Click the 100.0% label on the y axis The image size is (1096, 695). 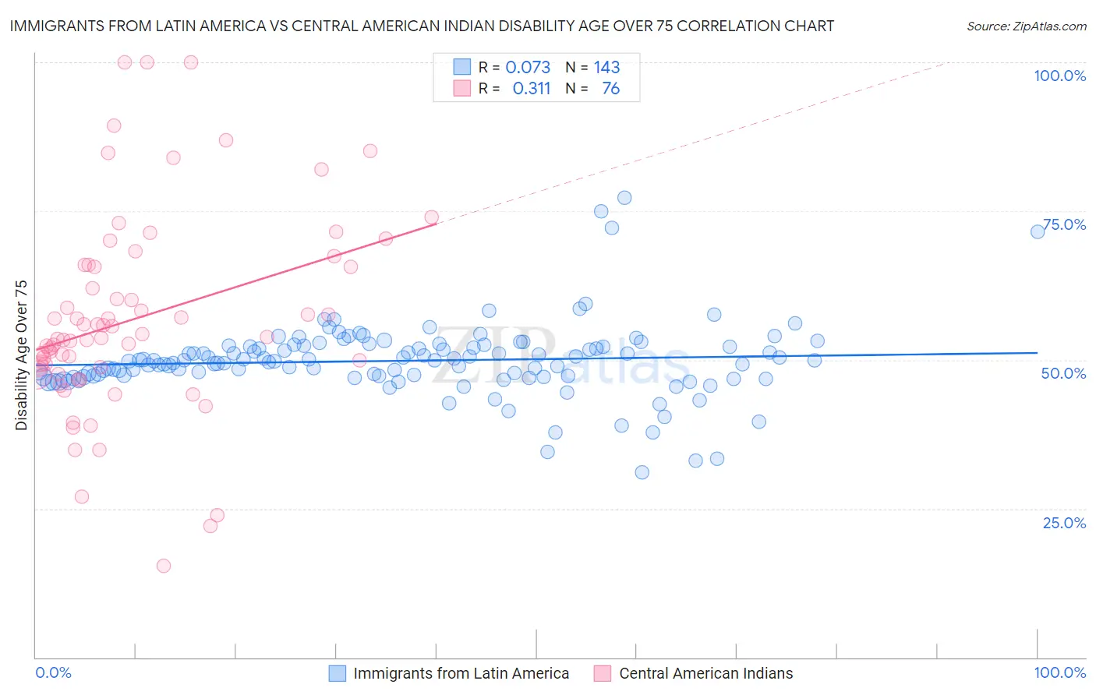click(1059, 76)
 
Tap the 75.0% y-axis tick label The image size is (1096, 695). click(1064, 224)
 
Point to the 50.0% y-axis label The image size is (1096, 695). click(1063, 373)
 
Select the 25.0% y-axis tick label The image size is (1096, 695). click(1064, 523)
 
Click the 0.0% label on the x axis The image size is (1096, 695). click(53, 672)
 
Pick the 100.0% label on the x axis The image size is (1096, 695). click(1059, 672)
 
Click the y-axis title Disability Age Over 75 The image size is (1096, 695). click(22, 355)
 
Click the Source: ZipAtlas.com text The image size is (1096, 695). click(1026, 26)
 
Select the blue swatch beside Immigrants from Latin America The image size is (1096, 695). click(337, 673)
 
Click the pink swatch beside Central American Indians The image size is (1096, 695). click(602, 673)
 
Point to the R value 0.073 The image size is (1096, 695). click(528, 68)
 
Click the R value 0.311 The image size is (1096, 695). click(531, 89)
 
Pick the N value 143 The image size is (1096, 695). click(606, 68)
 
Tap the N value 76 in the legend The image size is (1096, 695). click(610, 89)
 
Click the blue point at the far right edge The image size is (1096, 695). click(1038, 231)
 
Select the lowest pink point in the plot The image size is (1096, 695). click(164, 566)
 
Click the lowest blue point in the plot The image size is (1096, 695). click(642, 472)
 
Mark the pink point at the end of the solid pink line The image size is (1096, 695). click(431, 217)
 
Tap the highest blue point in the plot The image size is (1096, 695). click(624, 198)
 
